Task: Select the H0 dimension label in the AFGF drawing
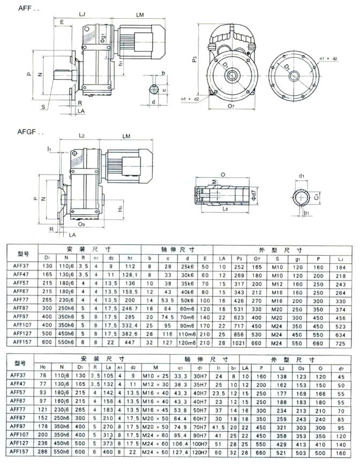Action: coord(120,204)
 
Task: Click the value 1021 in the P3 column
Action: coord(239,341)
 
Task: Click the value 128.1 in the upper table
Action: coord(128,273)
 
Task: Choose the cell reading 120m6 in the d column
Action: coord(187,341)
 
